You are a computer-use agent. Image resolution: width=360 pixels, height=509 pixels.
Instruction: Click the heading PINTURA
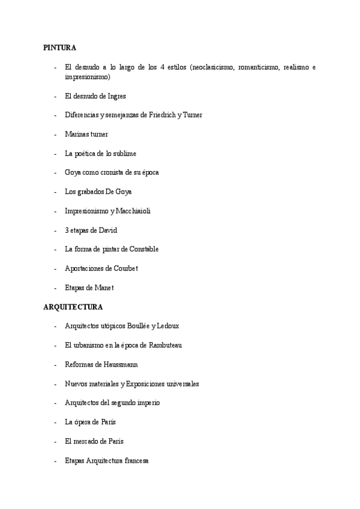(x=59, y=47)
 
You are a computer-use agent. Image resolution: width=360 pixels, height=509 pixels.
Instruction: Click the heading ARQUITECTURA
(x=73, y=307)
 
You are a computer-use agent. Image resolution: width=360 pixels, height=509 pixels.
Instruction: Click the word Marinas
(x=77, y=134)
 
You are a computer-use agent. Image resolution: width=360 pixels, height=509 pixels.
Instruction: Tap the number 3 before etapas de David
(x=67, y=230)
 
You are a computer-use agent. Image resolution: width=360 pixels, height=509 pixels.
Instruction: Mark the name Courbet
(x=124, y=268)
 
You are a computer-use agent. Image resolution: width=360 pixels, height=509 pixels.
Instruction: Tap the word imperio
(x=148, y=403)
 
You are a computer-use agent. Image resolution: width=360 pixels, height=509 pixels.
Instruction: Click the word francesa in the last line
(x=134, y=460)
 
